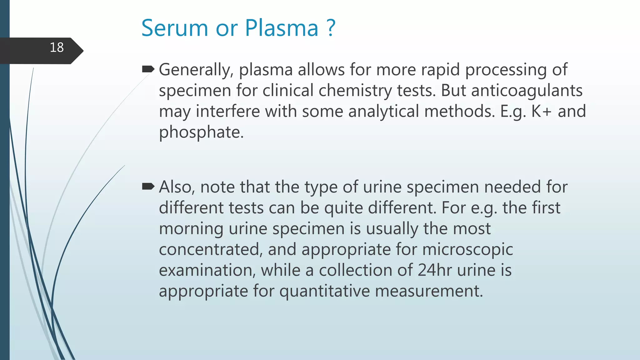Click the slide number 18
[x=57, y=48]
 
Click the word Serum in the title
[x=174, y=28]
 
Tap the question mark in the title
[x=331, y=28]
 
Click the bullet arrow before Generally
[x=148, y=69]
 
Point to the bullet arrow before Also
[x=148, y=187]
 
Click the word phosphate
[x=201, y=132]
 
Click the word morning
[x=191, y=229]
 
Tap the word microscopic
[x=467, y=250]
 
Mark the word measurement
[x=429, y=291]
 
